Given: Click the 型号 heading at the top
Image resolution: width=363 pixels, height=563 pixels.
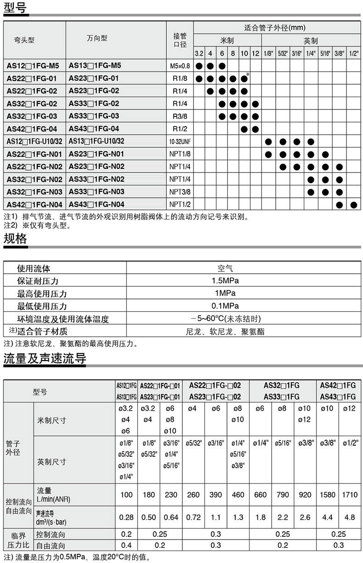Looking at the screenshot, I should (x=15, y=8).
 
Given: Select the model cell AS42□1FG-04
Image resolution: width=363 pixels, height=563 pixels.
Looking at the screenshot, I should (x=32, y=128).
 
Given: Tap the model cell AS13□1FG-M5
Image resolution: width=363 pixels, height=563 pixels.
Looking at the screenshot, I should (x=95, y=65).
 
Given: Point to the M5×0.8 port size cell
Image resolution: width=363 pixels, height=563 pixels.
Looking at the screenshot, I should (x=180, y=66).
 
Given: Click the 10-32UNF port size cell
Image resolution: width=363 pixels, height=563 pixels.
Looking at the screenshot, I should (x=180, y=141).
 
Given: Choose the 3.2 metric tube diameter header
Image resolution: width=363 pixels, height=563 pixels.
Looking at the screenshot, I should (x=199, y=53).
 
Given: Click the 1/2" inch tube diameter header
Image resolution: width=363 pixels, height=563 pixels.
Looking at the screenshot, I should (x=353, y=53).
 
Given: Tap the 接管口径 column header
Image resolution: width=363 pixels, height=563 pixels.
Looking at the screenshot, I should (x=180, y=40).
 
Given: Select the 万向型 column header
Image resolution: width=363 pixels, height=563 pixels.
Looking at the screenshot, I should (x=97, y=39).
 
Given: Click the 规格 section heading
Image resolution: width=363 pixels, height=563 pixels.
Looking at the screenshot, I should (x=15, y=238).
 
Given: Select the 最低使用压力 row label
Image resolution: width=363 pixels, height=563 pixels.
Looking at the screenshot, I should (x=42, y=306).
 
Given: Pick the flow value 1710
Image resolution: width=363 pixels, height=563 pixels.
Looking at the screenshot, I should (x=350, y=494).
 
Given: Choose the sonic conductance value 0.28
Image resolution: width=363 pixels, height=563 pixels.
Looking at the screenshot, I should (x=126, y=517).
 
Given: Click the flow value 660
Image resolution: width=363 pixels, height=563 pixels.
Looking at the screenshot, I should (x=260, y=494).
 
